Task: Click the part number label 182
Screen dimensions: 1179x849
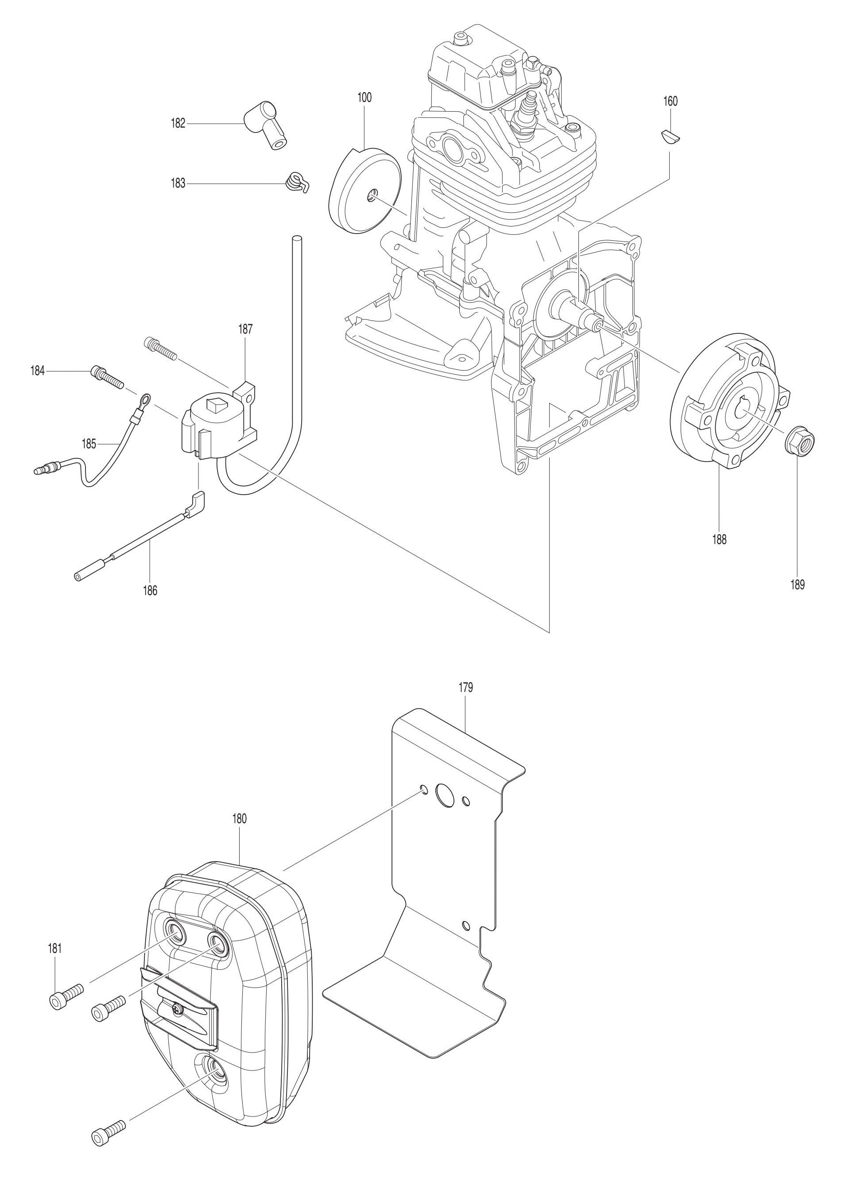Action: (x=178, y=124)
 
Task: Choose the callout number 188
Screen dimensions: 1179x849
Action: (x=719, y=539)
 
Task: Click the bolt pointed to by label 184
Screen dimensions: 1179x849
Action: (x=107, y=377)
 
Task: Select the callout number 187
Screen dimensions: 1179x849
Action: (x=245, y=328)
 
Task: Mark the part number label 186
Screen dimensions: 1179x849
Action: (x=150, y=590)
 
